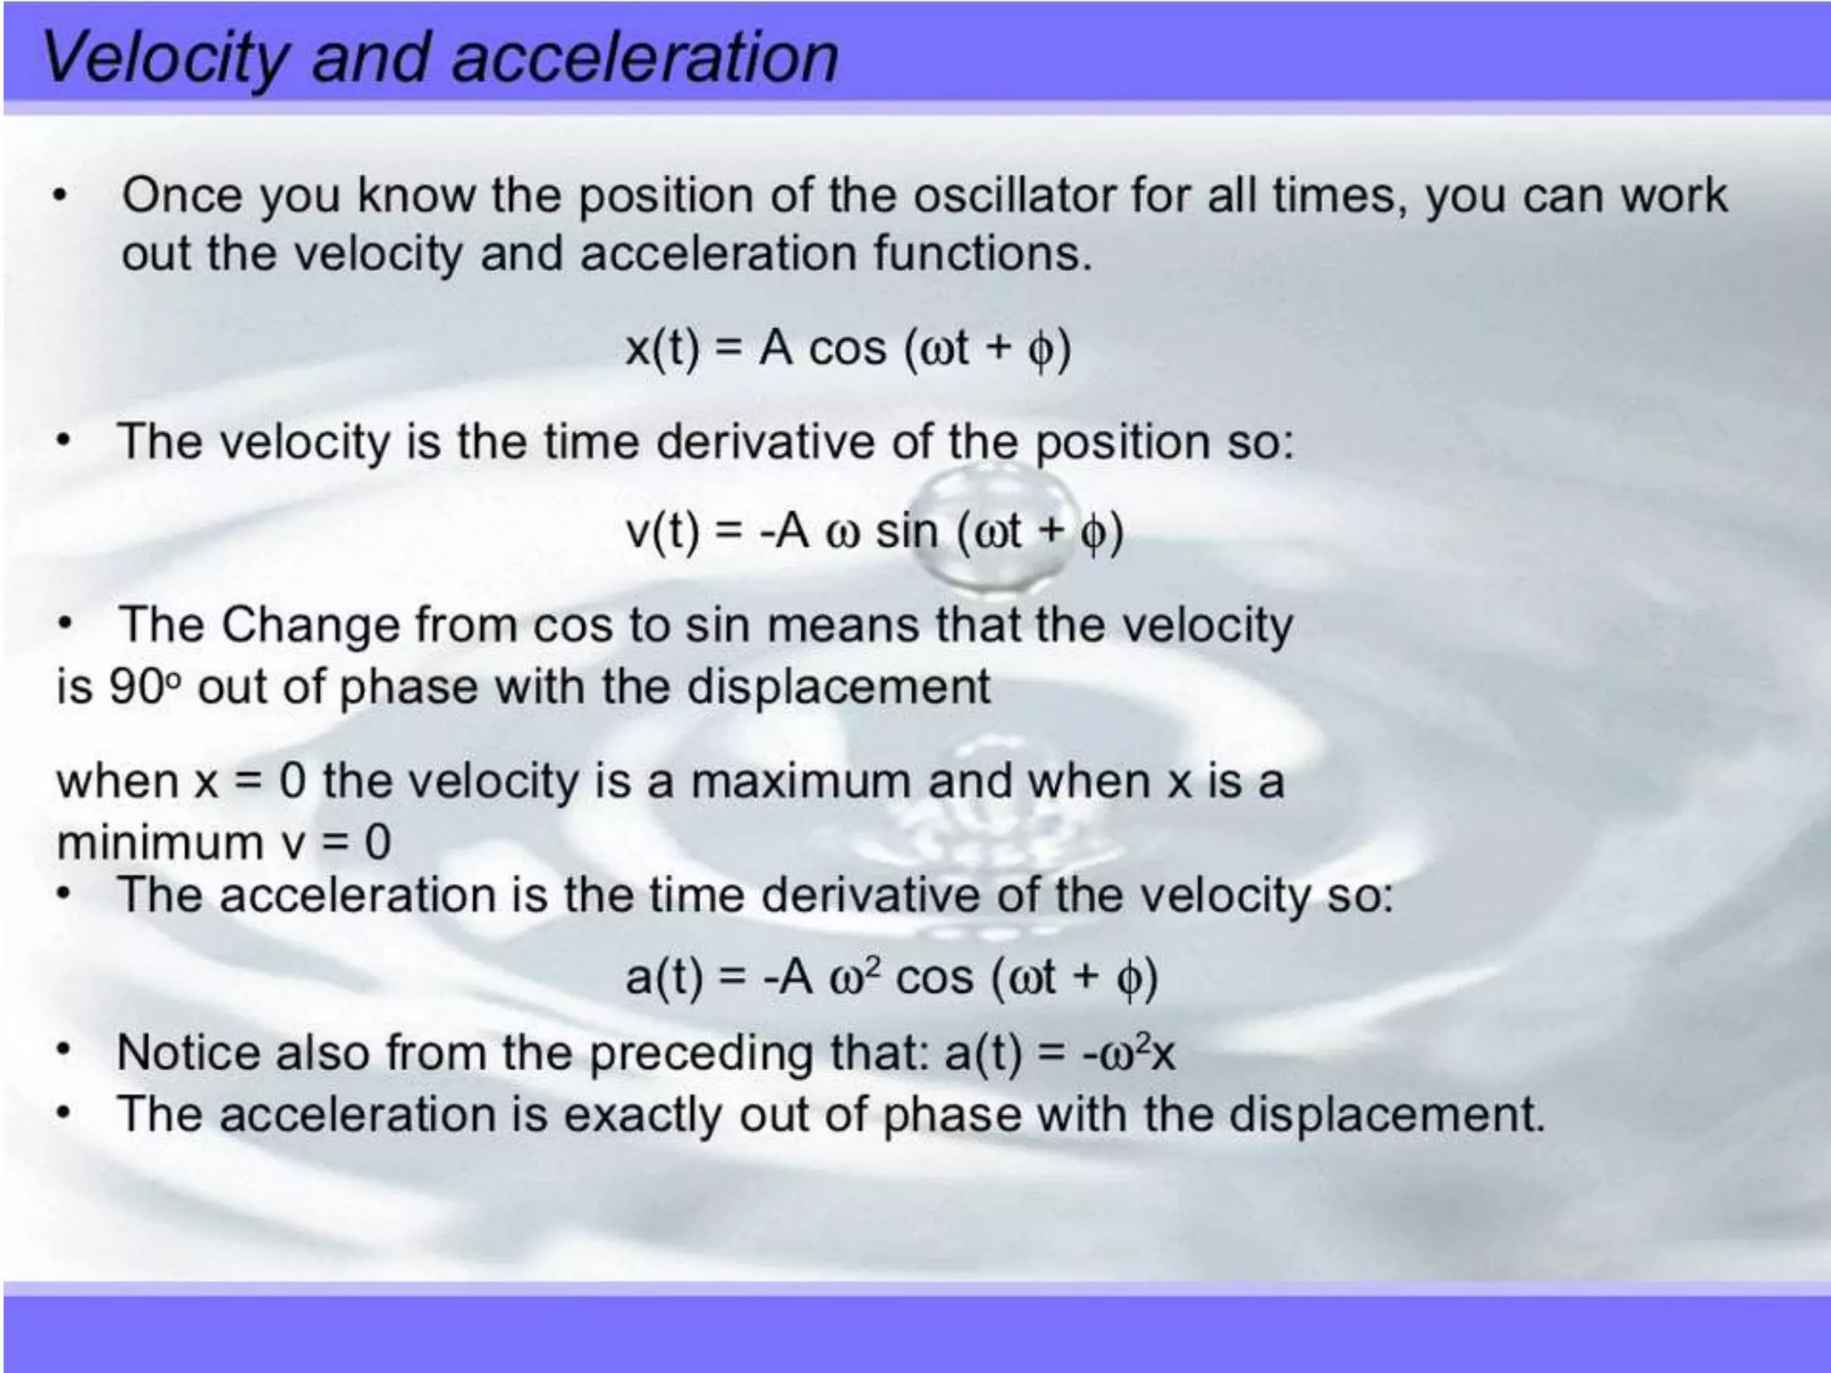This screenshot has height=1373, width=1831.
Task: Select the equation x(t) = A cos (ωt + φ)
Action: pyautogui.click(x=848, y=348)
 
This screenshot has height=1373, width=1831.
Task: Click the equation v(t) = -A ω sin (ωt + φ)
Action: pyautogui.click(x=874, y=531)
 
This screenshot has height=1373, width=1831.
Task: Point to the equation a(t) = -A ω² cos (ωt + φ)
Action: pyautogui.click(x=891, y=976)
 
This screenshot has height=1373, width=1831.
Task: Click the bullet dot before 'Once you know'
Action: pyautogui.click(x=60, y=196)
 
